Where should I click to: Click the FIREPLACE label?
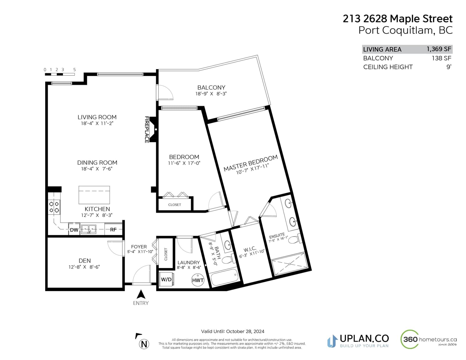[x=147, y=130]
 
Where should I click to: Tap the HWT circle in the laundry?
[x=197, y=280]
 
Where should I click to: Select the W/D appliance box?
[x=166, y=279]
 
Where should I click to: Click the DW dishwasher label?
[x=74, y=230]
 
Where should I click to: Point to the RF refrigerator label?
[x=113, y=230]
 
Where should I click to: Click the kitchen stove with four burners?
[x=54, y=207]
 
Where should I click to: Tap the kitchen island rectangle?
[x=94, y=195]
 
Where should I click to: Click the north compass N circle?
[x=144, y=344]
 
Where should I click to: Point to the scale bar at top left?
[x=60, y=74]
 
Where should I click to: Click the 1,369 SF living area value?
[x=439, y=49]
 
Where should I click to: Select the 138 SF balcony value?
[x=441, y=58]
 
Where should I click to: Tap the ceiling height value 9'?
[x=449, y=67]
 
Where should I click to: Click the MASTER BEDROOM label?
[x=250, y=163]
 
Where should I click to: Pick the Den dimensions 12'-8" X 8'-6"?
[x=84, y=267]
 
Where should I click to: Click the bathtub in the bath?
[x=224, y=277]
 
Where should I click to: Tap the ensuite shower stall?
[x=290, y=264]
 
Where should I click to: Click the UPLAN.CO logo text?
[x=364, y=338]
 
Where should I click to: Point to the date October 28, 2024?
[x=245, y=331]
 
